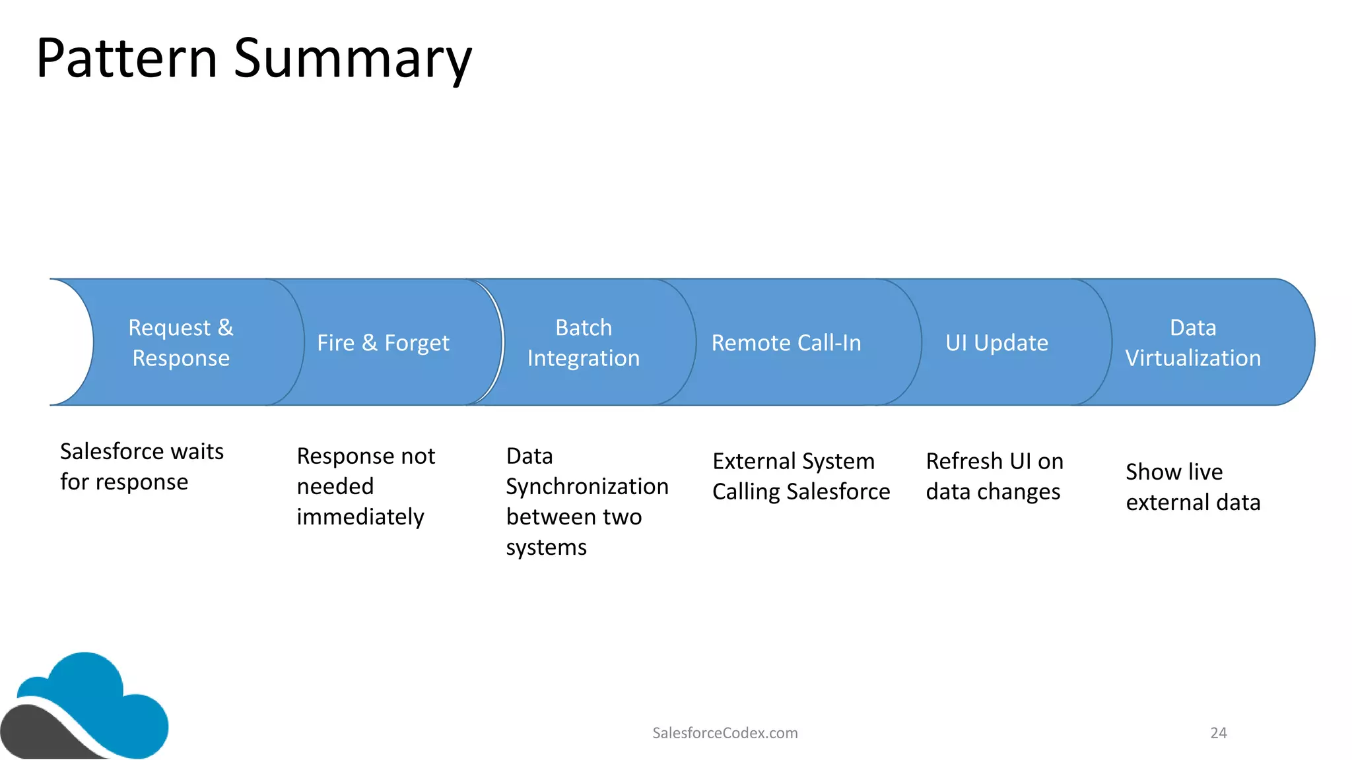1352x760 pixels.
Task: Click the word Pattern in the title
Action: point(127,58)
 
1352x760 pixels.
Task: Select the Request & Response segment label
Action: point(181,342)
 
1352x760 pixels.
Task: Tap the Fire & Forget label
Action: point(383,343)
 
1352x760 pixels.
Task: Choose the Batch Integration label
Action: point(584,342)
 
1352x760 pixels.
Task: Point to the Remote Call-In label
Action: point(786,343)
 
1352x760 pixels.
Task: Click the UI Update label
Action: point(997,343)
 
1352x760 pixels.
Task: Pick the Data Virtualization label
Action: point(1193,342)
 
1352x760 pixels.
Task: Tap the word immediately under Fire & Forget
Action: point(360,517)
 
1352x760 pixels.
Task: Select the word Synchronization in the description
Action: point(587,487)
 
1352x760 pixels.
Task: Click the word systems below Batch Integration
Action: point(546,548)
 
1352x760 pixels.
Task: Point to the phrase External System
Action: point(794,461)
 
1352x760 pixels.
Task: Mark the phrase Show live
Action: point(1174,472)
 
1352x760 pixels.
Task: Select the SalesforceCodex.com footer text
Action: point(725,733)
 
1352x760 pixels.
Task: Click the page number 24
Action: point(1218,733)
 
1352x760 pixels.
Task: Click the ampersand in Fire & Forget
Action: point(370,343)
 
